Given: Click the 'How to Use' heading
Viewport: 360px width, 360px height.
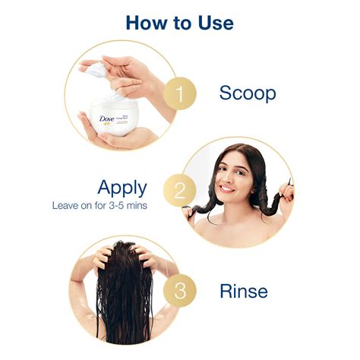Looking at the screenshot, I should point(180,22).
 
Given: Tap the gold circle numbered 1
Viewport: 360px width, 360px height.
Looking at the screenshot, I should point(180,93).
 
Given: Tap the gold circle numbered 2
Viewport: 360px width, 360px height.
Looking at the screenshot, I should point(179,190).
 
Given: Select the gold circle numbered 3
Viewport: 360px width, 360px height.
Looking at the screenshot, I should point(180,290).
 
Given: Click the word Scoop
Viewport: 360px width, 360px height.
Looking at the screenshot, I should point(248,93).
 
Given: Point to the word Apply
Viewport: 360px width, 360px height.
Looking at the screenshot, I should point(122,187).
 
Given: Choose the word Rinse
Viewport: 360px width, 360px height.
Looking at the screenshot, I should point(243,290).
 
